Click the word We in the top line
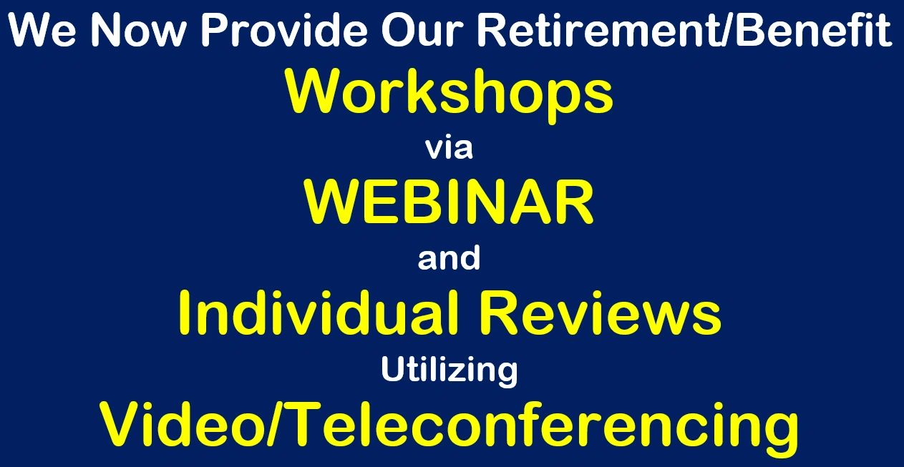(x=42, y=30)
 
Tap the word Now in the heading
(x=138, y=30)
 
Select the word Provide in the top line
(x=283, y=30)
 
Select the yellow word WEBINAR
(x=449, y=202)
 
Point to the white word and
(x=449, y=257)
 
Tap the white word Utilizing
(x=449, y=371)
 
